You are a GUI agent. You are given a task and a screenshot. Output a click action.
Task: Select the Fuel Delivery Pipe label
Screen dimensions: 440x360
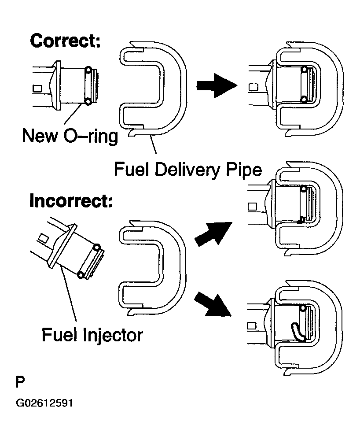[188, 169]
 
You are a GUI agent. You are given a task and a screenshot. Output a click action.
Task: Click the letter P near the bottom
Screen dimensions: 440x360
[20, 382]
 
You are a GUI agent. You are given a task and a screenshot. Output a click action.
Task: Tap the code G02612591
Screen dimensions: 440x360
[44, 403]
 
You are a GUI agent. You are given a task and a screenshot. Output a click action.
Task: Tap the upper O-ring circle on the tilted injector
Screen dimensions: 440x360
[98, 248]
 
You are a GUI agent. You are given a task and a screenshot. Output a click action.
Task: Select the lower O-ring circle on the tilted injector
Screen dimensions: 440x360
[81, 275]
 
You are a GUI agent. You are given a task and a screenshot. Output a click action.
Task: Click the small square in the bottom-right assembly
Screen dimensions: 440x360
[252, 326]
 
